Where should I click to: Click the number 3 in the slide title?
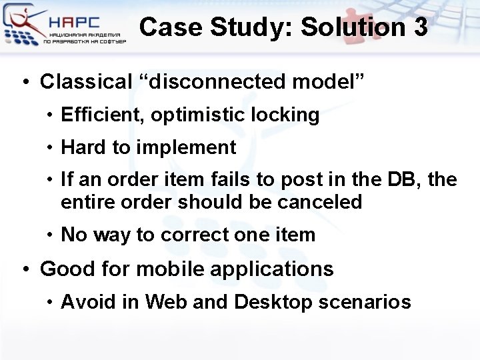(419, 27)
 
